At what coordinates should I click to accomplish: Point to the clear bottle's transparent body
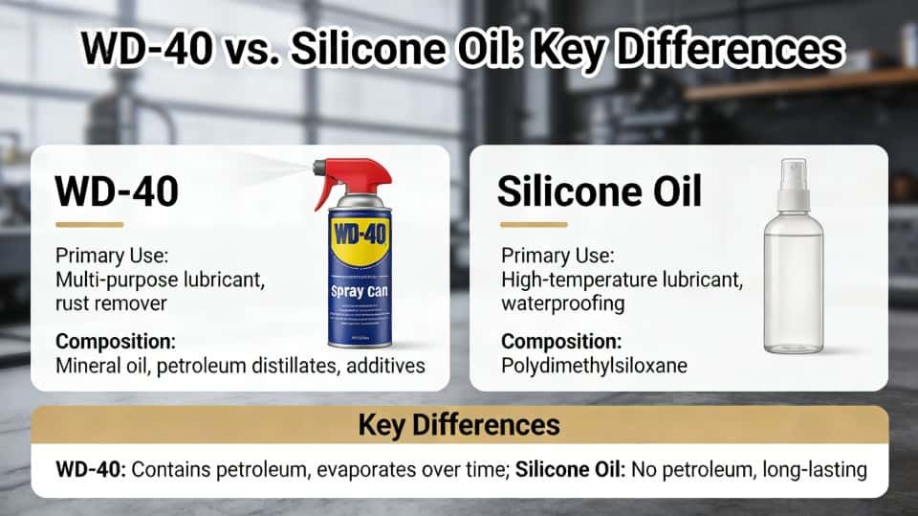click(793, 287)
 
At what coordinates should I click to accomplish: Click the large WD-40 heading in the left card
click(117, 191)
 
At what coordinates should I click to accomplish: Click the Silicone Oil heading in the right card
click(600, 191)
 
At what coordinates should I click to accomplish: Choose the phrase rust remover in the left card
click(110, 303)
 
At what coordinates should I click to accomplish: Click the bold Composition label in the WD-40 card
click(116, 341)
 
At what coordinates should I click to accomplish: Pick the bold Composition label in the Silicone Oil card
click(561, 341)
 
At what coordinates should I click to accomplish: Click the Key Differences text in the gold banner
click(459, 425)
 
